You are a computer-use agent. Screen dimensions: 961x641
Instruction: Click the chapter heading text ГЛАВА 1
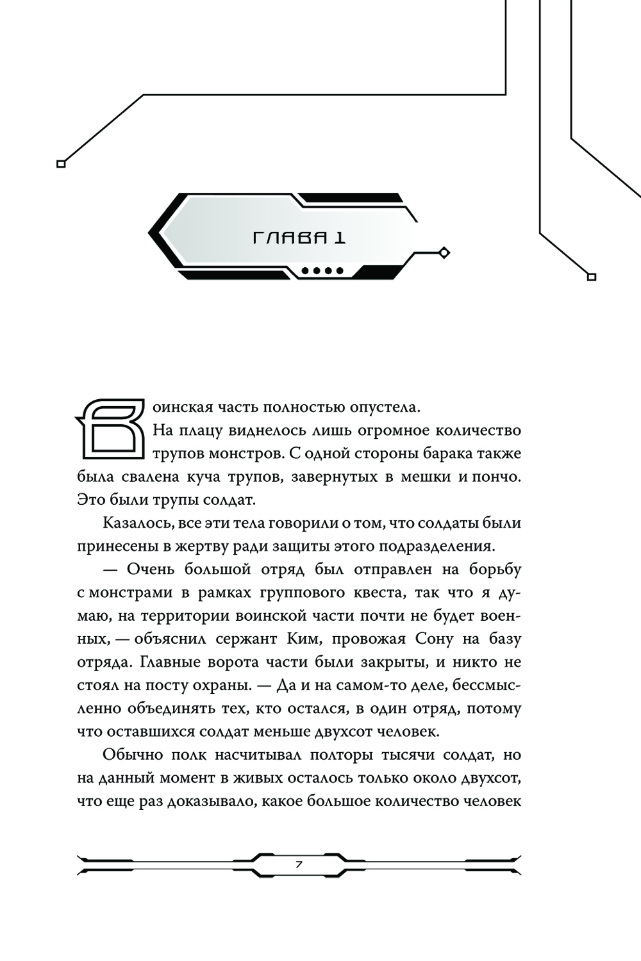[300, 238]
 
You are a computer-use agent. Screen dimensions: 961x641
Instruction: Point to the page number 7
[299, 864]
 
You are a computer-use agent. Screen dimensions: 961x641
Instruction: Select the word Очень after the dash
[151, 569]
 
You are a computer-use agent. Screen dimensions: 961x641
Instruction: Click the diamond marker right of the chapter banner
[444, 253]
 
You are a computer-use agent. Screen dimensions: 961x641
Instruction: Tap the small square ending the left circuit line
[62, 164]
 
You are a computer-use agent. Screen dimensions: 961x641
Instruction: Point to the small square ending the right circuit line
[592, 277]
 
